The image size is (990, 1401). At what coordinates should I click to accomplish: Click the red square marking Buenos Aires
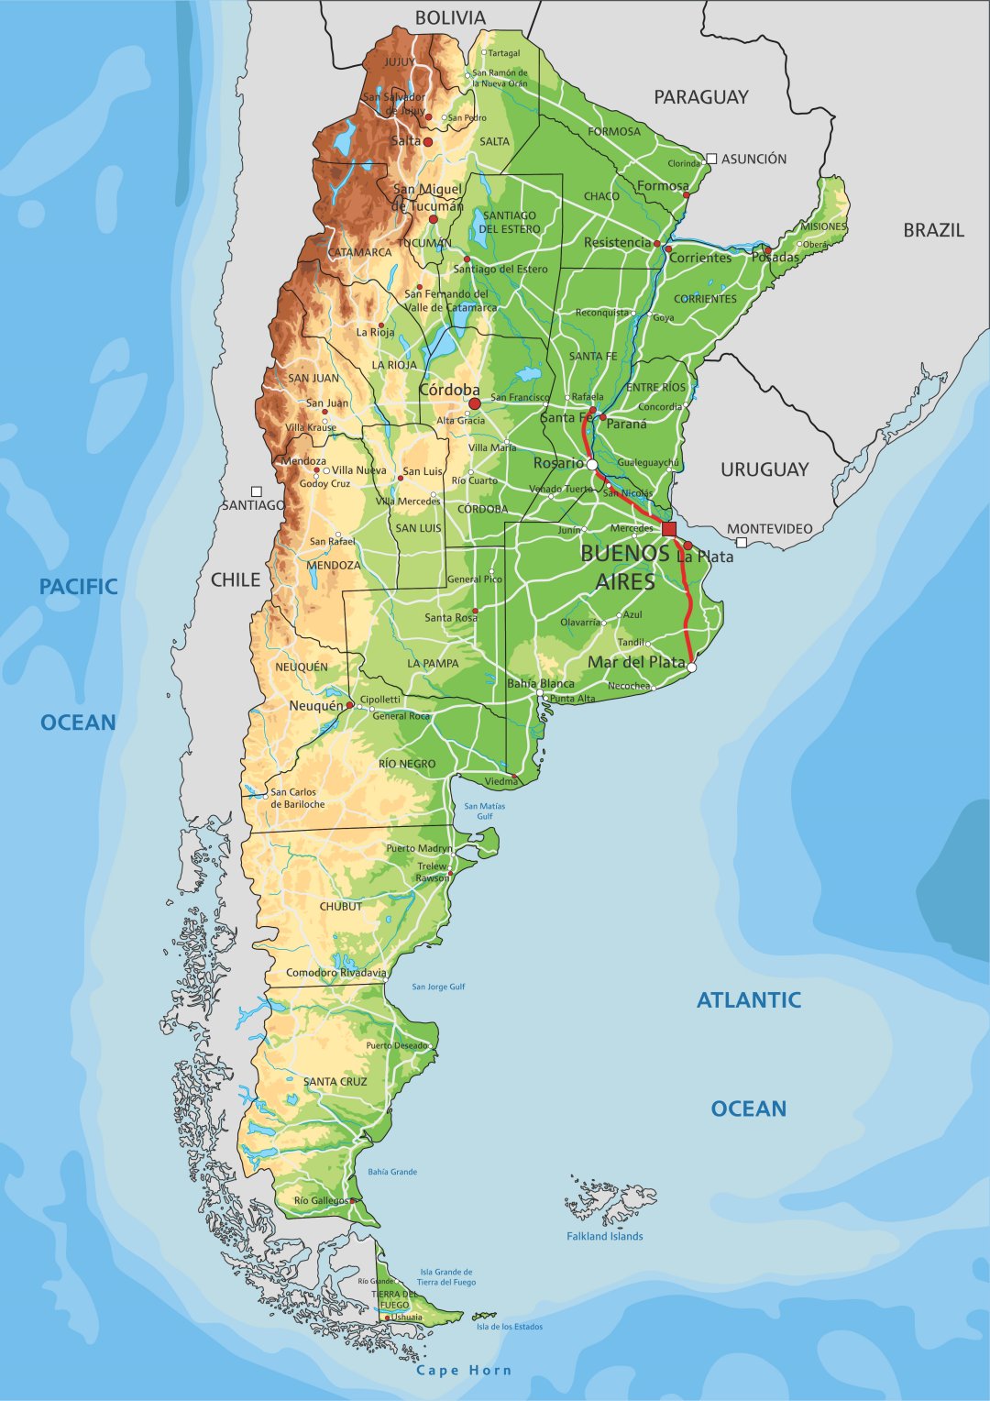click(x=669, y=529)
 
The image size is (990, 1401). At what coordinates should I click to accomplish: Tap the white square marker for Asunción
click(x=711, y=159)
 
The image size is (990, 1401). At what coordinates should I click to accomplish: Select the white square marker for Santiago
click(x=257, y=491)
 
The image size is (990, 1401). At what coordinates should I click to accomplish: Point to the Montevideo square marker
click(x=741, y=543)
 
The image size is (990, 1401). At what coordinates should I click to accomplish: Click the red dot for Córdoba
click(x=474, y=403)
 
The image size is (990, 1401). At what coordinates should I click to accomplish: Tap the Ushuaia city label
click(x=407, y=1318)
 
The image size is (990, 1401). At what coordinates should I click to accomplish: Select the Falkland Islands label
click(x=604, y=1236)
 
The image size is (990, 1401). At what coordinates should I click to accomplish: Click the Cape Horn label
click(x=464, y=1370)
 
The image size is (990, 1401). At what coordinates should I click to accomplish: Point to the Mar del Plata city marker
click(x=691, y=667)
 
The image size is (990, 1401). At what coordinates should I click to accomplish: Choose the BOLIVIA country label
click(x=450, y=17)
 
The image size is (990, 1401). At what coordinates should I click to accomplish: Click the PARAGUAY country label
click(x=700, y=96)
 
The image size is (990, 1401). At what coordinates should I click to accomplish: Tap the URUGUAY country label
click(x=764, y=469)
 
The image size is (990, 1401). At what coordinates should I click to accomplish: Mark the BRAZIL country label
click(x=933, y=230)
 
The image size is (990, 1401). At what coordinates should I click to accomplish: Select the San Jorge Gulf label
click(x=438, y=987)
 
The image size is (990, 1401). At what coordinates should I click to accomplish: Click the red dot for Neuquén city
click(x=350, y=705)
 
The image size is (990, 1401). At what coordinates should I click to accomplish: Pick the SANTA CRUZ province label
click(x=335, y=1081)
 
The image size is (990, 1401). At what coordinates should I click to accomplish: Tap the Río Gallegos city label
click(x=321, y=1200)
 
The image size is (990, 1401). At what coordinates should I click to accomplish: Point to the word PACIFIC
click(x=78, y=587)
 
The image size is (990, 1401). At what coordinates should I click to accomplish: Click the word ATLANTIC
click(x=748, y=1000)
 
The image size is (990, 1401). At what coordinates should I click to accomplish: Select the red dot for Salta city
click(x=427, y=142)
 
